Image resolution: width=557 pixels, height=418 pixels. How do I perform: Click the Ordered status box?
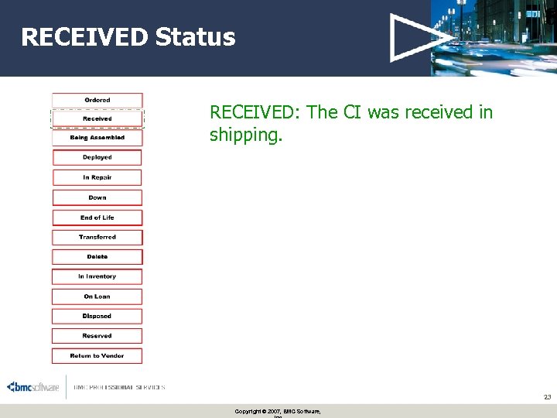97,100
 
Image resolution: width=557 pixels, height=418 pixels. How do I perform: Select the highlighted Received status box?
97,118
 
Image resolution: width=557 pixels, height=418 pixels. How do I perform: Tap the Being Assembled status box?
97,138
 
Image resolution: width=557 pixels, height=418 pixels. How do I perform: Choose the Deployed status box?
97,157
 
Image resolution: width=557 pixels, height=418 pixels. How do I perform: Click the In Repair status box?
97,177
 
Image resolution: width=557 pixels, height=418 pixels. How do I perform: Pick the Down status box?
97,197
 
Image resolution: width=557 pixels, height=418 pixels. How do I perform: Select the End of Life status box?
97,218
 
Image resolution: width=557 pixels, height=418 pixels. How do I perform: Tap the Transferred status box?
97,237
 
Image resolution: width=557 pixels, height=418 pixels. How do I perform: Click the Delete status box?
97,256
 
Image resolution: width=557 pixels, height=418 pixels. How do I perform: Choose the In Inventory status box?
97,276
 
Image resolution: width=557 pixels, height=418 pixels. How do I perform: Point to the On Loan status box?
97,296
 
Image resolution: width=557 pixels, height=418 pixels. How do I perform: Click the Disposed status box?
97,316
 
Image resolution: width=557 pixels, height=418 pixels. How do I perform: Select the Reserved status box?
97,336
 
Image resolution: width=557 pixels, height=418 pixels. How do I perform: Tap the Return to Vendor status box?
97,356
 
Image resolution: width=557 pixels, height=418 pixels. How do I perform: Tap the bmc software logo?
33,387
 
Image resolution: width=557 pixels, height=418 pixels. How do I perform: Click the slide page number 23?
547,397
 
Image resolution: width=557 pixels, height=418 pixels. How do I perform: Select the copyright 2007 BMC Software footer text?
278,411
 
